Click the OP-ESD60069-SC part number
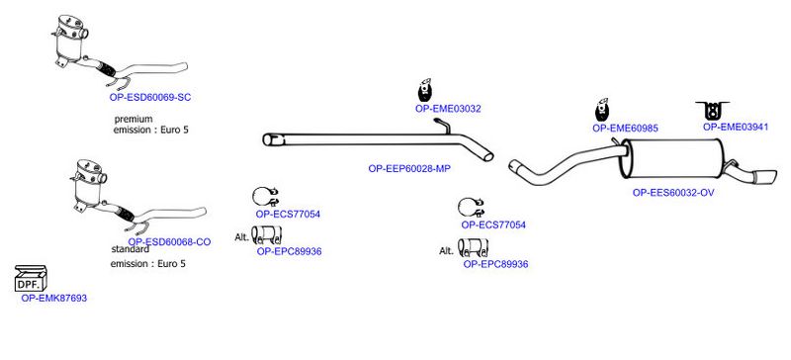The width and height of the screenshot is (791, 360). point(150,98)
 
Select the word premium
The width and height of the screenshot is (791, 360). point(133,119)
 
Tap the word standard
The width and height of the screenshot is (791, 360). point(131,249)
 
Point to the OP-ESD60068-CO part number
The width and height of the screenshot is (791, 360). point(169,242)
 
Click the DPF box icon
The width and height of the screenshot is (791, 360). point(31,279)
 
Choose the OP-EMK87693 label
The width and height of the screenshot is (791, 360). point(54,298)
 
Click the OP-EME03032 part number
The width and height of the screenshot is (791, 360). point(448,109)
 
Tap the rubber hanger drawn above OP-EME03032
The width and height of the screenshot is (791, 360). point(425,91)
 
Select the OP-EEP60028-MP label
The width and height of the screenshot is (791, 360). point(409,169)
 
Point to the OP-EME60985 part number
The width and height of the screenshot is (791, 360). point(625,129)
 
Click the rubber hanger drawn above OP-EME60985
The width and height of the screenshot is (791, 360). point(602,110)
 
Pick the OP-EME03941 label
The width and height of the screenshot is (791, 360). point(736,128)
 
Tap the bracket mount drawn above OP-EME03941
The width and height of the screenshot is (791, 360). point(712,110)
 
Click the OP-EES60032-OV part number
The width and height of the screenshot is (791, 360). point(673,193)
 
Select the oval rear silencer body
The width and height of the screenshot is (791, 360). point(673,158)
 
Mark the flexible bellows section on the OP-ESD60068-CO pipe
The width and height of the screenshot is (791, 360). point(123,214)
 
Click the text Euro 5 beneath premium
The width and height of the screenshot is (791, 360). point(174,130)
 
